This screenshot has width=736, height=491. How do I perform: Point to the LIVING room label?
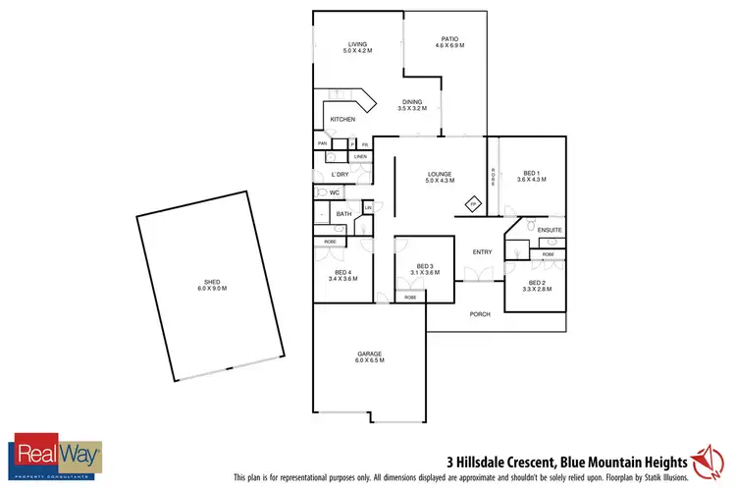357,43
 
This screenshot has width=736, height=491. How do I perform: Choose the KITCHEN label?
342,119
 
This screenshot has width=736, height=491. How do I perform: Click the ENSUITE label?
550,230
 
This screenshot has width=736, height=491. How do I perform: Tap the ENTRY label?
482,252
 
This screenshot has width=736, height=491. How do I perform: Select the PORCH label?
480,314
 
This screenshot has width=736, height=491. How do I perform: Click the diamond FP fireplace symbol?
472,204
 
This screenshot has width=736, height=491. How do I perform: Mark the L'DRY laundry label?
341,174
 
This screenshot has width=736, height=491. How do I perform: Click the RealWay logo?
56,453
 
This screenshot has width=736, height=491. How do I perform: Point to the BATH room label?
343,213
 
